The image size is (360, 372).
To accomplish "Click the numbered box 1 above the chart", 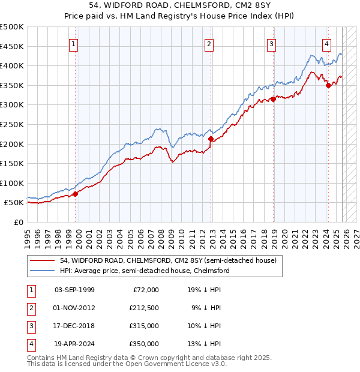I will click(73, 43).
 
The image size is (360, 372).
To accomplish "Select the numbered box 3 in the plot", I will click(271, 43).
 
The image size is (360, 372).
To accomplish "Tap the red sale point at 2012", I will click(211, 139).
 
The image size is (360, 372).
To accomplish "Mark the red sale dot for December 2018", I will click(274, 99).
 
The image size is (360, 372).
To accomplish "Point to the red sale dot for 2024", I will click(328, 86).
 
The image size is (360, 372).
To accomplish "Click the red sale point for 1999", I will click(76, 194).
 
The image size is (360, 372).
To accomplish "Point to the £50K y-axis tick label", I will click(14, 203).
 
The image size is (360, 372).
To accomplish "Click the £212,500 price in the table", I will click(143, 307).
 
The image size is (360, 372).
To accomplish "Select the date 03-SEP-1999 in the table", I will click(74, 289).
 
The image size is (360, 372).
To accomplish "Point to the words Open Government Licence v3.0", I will click(177, 364).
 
